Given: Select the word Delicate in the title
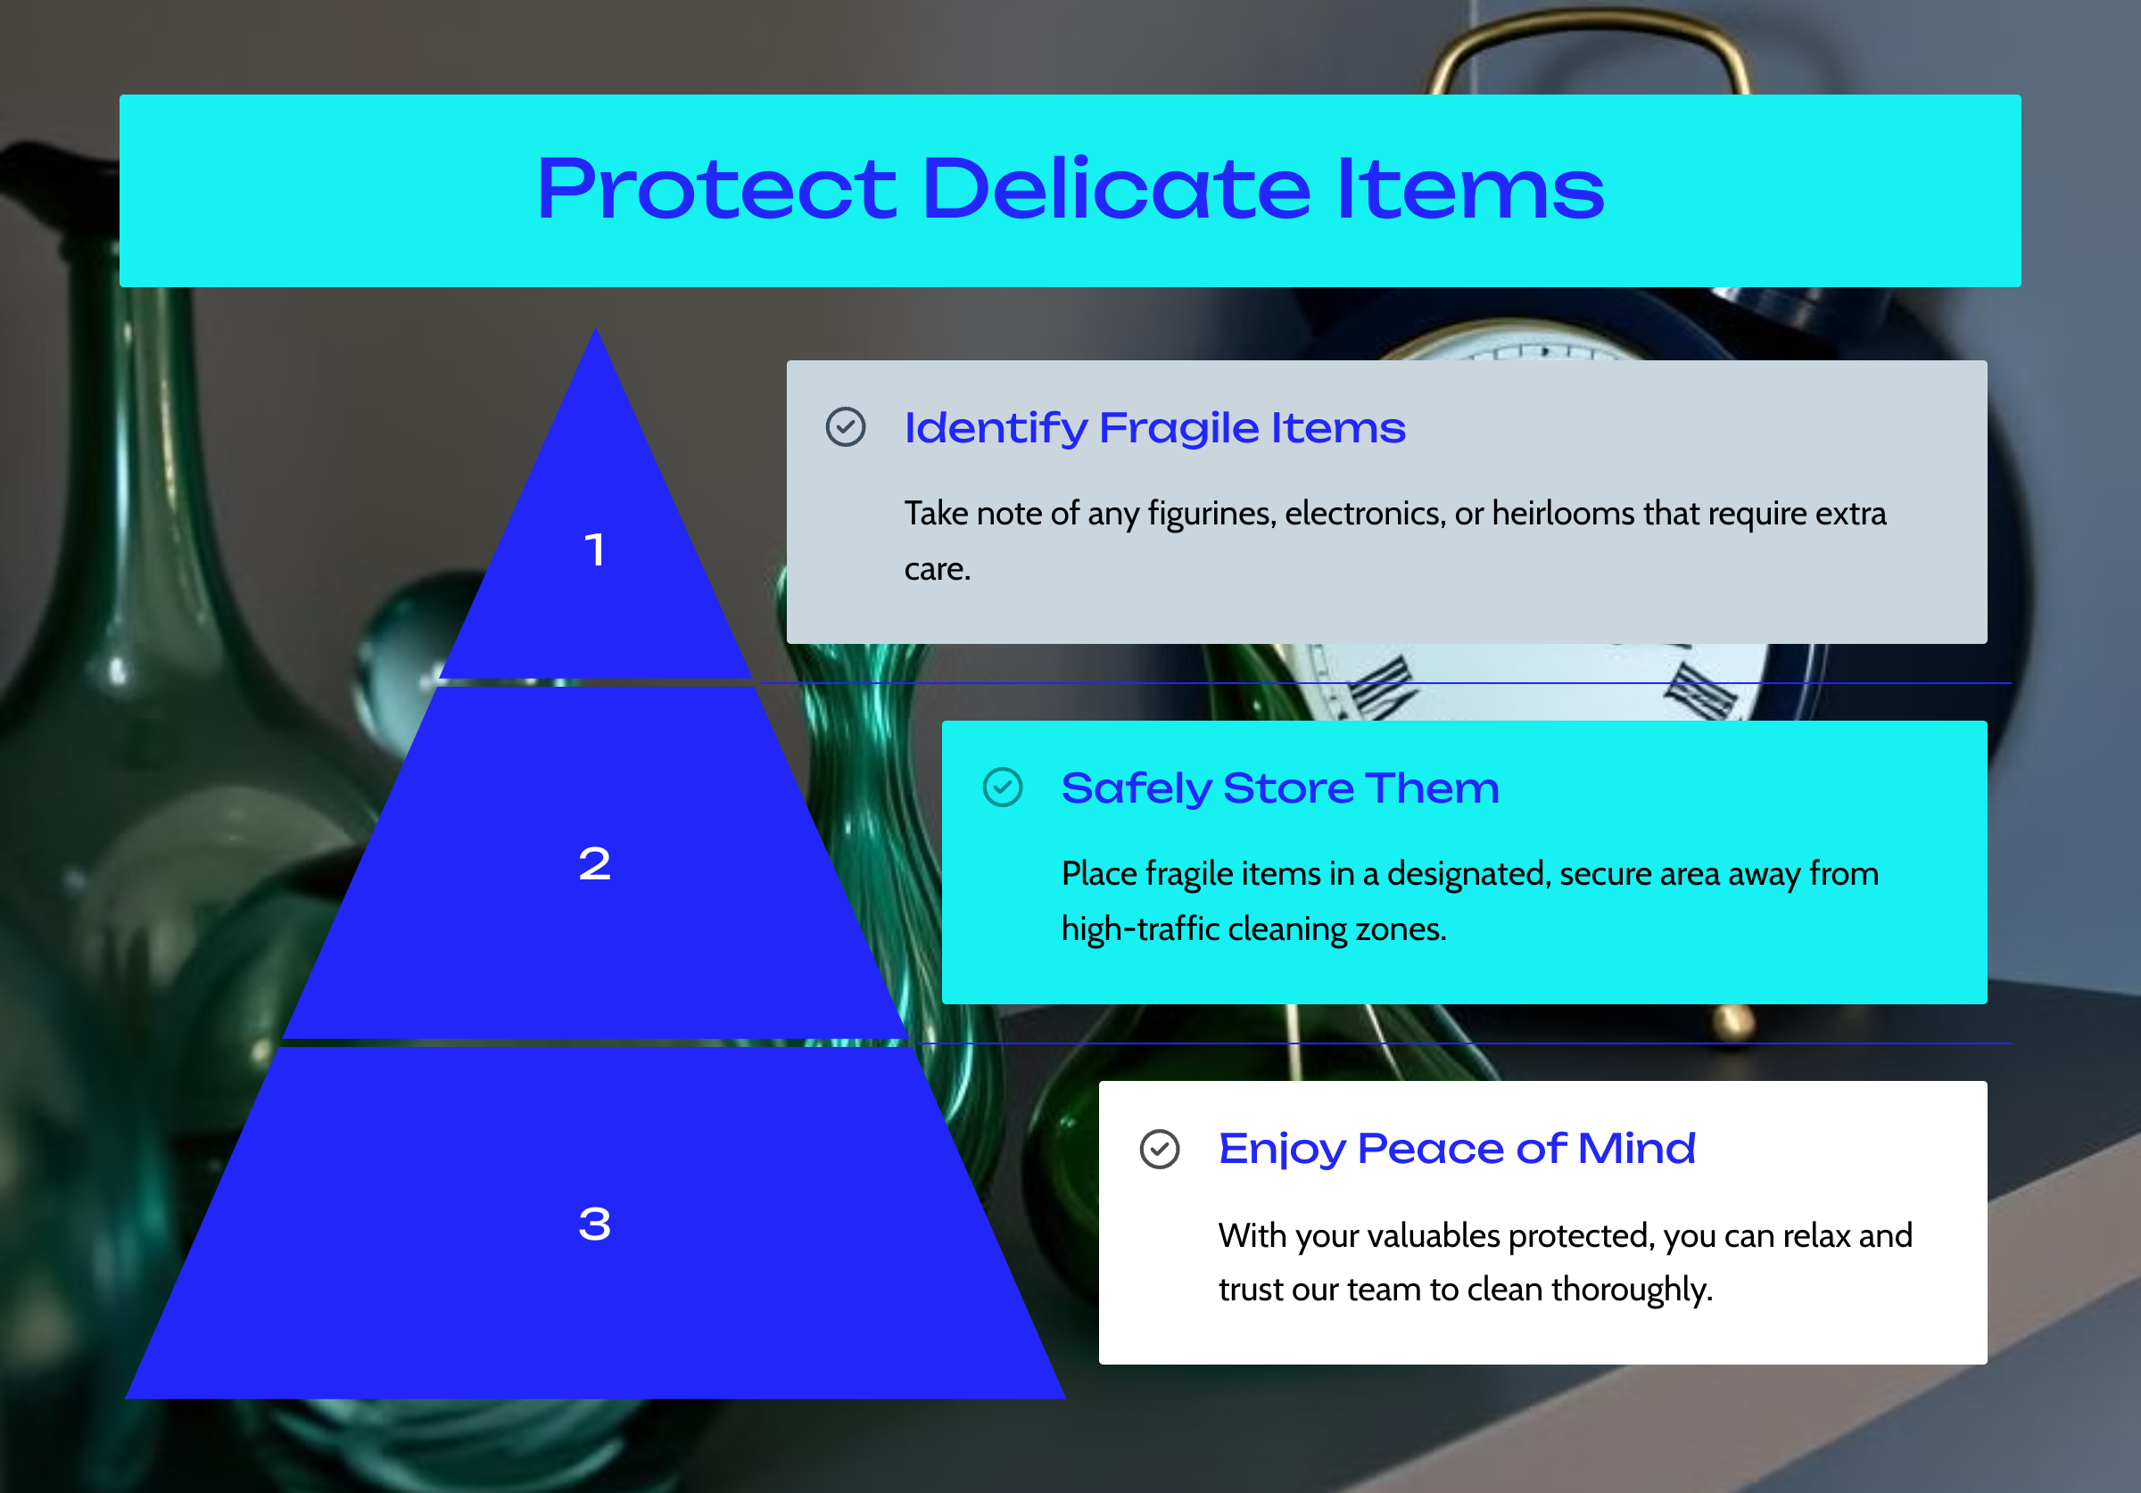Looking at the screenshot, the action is pos(1116,188).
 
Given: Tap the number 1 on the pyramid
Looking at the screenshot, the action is pos(595,549).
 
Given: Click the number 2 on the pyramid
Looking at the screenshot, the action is pos(595,863).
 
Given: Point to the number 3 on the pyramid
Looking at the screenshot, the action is pos(595,1224).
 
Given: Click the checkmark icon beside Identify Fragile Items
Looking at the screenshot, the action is pos(846,427).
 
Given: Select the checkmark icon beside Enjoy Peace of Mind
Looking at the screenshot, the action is pos(1159,1149).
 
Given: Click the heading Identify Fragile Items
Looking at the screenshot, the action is pos(1154,428).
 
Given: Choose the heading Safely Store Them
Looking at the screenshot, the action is pos(1280,788).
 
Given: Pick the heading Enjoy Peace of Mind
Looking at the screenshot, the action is pos(1457,1149).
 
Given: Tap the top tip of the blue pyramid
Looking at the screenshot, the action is pos(595,327).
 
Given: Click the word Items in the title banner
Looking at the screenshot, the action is pos(1470,189).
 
